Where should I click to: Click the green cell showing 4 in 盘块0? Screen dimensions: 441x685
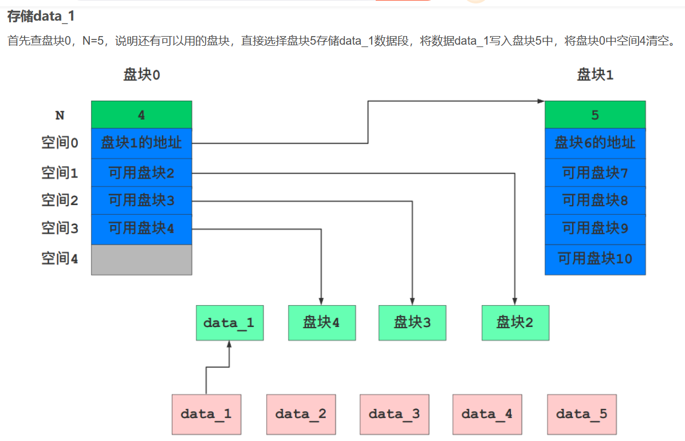point(141,115)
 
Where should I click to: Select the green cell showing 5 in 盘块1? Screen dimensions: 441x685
point(595,115)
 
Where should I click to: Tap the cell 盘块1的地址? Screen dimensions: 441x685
point(141,143)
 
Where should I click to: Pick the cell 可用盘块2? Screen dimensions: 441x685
point(141,172)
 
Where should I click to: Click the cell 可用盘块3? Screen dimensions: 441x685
point(141,200)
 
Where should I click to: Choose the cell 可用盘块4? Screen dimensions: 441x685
point(141,229)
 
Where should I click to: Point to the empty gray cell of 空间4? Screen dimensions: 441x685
point(141,259)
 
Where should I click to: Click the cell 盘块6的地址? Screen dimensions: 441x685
point(595,143)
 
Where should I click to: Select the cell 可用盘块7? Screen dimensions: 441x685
point(595,172)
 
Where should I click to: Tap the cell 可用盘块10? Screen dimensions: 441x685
point(595,259)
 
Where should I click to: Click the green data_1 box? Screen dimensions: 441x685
point(230,322)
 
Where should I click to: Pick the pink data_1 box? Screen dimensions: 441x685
point(206,414)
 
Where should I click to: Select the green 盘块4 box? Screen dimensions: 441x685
point(321,322)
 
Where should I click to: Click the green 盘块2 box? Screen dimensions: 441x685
point(515,322)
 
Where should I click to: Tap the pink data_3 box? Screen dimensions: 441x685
point(394,414)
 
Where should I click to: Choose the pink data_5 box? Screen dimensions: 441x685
point(581,414)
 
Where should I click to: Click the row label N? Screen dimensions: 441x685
point(60,115)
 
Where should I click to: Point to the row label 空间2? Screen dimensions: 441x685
point(60,200)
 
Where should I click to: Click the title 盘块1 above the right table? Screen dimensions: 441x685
point(595,74)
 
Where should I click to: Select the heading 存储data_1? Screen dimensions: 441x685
point(41,16)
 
